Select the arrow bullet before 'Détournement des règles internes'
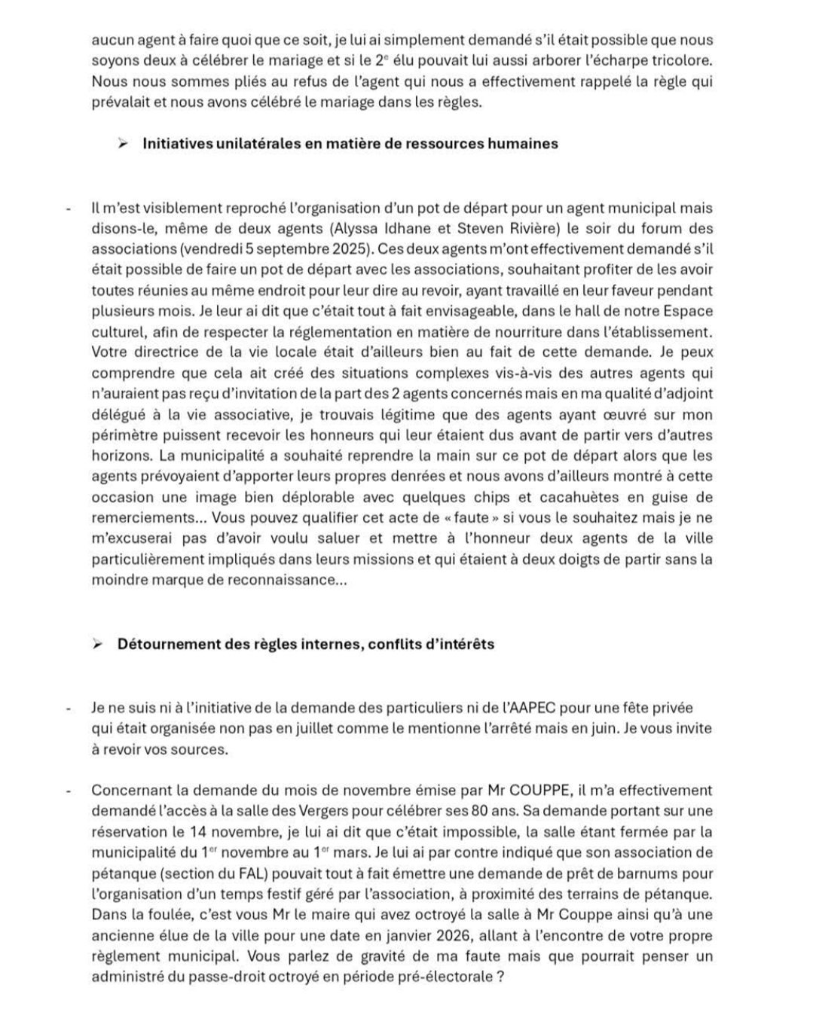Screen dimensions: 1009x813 (x=97, y=644)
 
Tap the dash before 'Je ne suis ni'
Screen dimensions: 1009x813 (x=69, y=709)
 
